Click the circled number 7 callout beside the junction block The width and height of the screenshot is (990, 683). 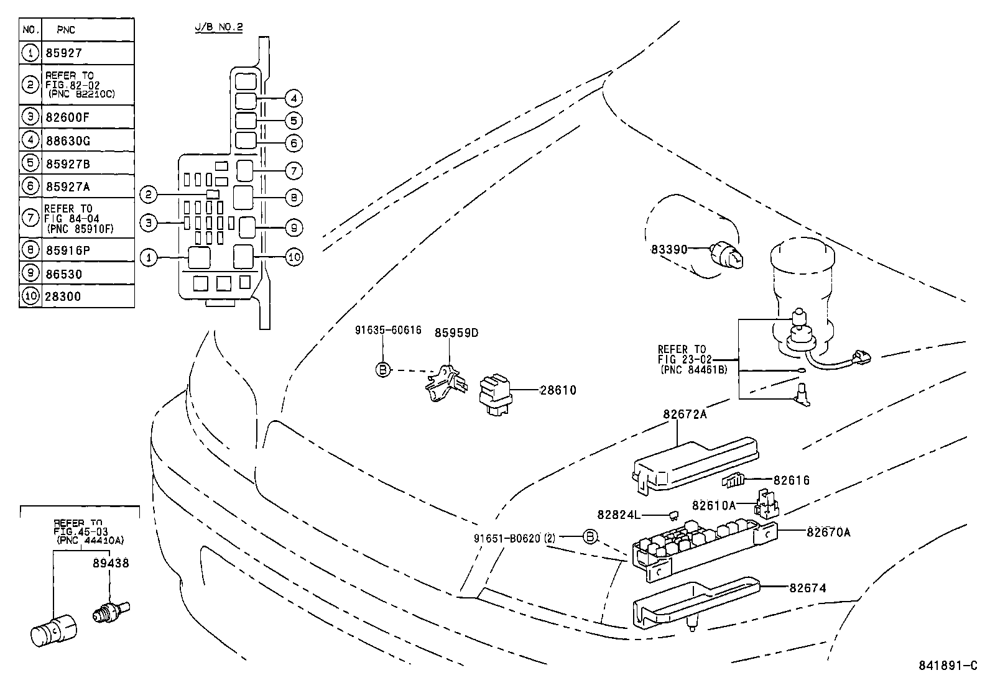294,171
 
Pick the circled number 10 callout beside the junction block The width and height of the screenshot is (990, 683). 294,257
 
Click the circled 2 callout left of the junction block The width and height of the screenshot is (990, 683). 148,195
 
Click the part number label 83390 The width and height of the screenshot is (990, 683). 668,250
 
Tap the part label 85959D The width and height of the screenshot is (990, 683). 456,332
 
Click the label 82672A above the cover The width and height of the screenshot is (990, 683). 684,415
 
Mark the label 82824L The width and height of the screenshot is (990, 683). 618,515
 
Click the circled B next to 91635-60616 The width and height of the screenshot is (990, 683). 383,370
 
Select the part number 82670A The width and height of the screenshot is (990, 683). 828,532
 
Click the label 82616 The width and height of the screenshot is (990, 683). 792,480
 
